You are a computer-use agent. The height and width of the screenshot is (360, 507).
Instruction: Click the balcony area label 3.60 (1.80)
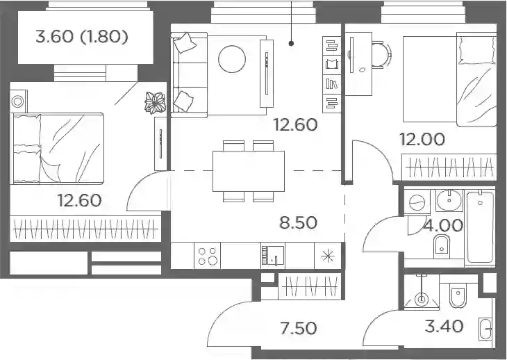[x=82, y=37]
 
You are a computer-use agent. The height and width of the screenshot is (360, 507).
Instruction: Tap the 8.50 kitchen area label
[x=298, y=222]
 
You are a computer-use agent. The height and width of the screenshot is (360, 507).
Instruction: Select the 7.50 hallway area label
[x=298, y=328]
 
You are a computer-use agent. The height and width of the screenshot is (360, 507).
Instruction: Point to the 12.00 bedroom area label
[x=422, y=139]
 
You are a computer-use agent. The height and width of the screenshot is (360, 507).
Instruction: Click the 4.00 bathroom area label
[x=443, y=225]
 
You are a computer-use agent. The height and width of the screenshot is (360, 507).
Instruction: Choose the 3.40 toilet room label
[x=444, y=326]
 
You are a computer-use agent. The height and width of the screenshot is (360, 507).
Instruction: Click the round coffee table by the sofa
[x=232, y=59]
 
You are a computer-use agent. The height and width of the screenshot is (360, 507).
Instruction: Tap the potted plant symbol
[x=155, y=103]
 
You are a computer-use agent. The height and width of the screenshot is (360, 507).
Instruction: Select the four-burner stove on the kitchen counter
[x=207, y=256]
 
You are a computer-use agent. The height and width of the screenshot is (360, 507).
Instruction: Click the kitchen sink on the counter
[x=273, y=256]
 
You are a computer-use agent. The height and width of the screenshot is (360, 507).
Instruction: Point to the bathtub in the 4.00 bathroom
[x=480, y=228]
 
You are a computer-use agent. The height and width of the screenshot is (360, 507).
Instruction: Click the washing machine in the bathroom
[x=417, y=203]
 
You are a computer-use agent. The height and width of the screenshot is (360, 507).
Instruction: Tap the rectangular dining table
[x=249, y=171]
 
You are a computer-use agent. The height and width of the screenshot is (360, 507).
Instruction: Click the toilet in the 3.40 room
[x=458, y=295]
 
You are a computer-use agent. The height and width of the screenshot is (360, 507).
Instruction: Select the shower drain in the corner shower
[x=422, y=299]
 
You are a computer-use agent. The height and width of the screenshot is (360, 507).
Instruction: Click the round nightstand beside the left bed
[x=18, y=101]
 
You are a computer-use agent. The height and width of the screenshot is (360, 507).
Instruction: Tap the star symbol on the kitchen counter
[x=328, y=256]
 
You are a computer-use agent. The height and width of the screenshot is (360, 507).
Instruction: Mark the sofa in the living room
[x=189, y=75]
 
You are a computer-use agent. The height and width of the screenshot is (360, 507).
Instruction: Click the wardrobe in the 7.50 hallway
[x=310, y=286]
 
